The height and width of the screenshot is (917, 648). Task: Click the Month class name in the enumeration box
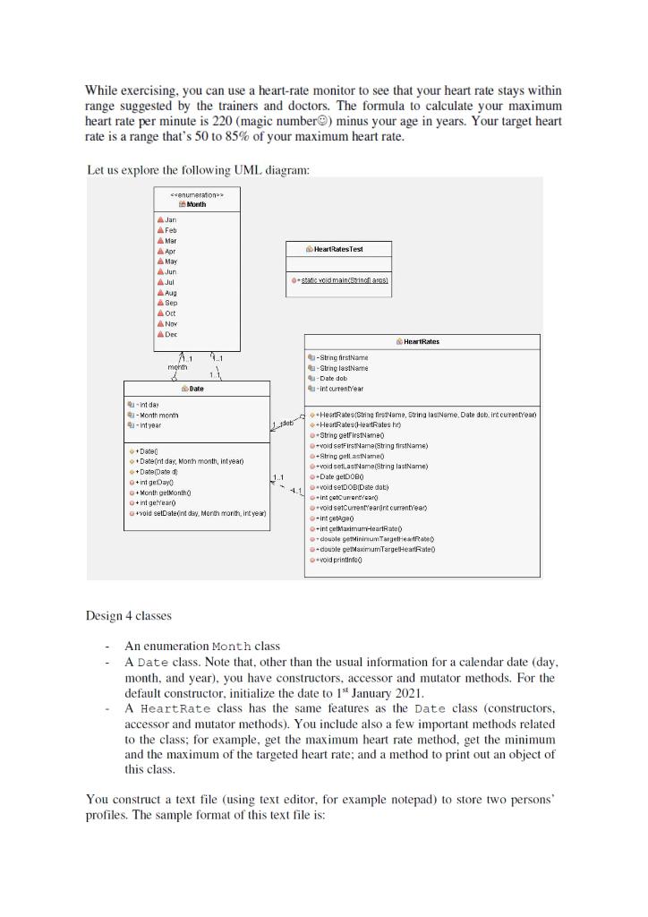197,204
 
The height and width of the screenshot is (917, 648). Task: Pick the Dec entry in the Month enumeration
171,333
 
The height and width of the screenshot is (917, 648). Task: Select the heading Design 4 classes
129,616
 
